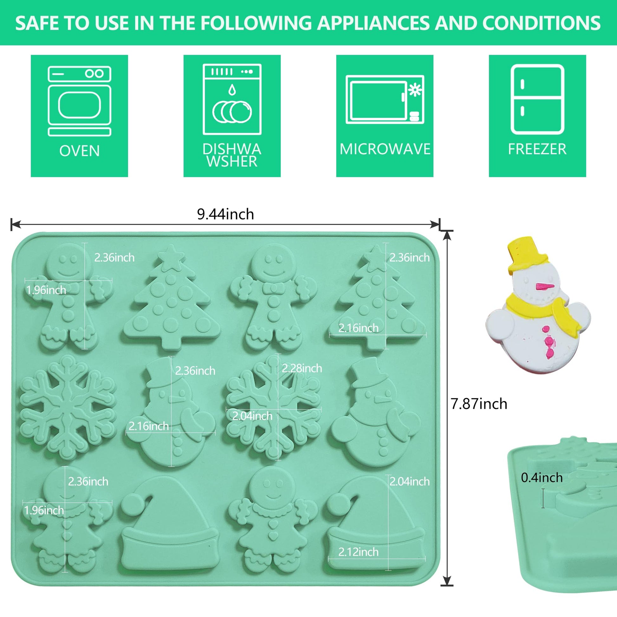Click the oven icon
pyautogui.click(x=80, y=101)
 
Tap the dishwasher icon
pyautogui.click(x=232, y=99)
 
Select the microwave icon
pyautogui.click(x=385, y=99)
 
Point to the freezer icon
pyautogui.click(x=537, y=99)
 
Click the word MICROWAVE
pyautogui.click(x=385, y=149)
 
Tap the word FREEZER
pyautogui.click(x=537, y=149)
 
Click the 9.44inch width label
pyautogui.click(x=225, y=214)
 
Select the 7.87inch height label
pyautogui.click(x=479, y=404)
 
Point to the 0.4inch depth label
pyautogui.click(x=542, y=477)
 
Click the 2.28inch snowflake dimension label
pyautogui.click(x=302, y=368)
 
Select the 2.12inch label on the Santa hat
pyautogui.click(x=358, y=552)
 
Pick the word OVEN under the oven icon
pyautogui.click(x=80, y=151)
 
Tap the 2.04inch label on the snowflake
pyautogui.click(x=252, y=416)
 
